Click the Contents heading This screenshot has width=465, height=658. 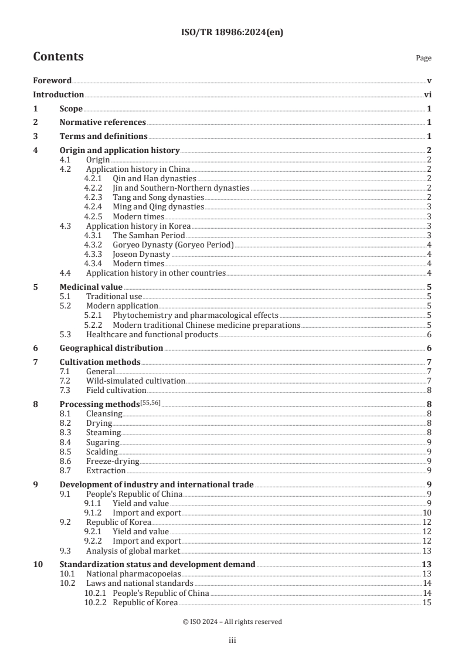tap(58, 57)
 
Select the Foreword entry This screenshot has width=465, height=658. tap(52, 81)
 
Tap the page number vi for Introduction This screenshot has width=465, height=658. tap(427, 95)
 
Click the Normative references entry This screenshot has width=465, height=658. tap(103, 123)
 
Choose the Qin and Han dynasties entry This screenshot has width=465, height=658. tap(154, 178)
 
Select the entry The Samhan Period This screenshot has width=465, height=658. tap(144, 235)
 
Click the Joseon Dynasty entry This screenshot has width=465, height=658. tap(141, 254)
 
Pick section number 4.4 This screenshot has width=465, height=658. tap(66, 273)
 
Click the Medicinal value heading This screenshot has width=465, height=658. tap(91, 287)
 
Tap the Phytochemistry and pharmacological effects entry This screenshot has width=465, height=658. tap(195, 316)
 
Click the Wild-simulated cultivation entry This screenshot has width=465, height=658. tap(135, 381)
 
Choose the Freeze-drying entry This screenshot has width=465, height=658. tap(113, 461)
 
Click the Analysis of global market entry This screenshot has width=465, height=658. tap(133, 551)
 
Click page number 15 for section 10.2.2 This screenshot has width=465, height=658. tap(427, 602)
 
